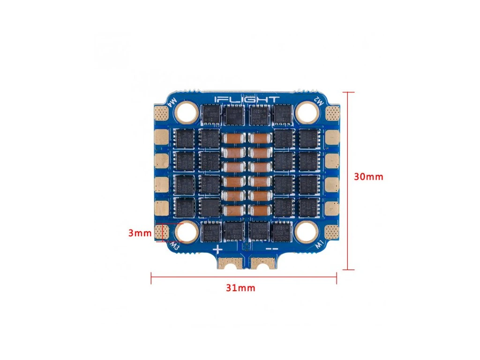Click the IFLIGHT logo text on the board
coord(247,99)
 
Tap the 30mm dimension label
coord(368,177)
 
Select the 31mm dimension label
coord(240,288)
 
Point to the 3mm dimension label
coord(140,232)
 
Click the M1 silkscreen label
coord(319,244)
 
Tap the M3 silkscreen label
coord(174,245)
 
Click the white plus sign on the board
coord(217,249)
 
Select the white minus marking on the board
coord(272,249)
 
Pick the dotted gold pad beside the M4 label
coord(161,113)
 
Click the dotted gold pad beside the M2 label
coord(332,112)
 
